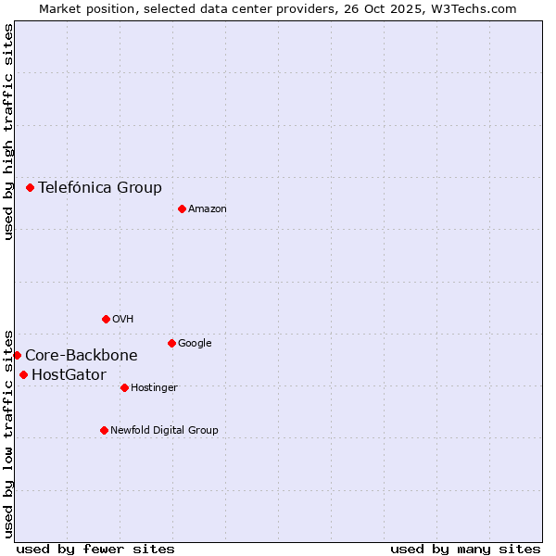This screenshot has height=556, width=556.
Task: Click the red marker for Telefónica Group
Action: (30, 187)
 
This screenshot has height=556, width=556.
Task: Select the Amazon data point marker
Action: (182, 208)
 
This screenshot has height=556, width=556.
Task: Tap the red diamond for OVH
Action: (106, 319)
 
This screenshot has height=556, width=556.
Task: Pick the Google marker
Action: (171, 343)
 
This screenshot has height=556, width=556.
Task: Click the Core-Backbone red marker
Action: (17, 355)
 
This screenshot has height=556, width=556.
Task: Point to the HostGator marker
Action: (23, 374)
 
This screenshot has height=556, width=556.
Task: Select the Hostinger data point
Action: (124, 387)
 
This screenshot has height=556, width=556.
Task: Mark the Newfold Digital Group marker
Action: (104, 430)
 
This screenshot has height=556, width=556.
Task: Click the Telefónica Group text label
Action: (100, 187)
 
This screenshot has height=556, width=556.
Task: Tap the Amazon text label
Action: (208, 209)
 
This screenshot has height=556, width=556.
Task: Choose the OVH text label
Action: (123, 320)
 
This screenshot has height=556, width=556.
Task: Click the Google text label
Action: (195, 344)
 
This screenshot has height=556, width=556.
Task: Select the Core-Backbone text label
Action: (82, 355)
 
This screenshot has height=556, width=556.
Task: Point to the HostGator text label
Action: (69, 374)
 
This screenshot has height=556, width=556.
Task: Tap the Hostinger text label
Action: (154, 388)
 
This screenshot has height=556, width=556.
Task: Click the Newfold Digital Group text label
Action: (164, 431)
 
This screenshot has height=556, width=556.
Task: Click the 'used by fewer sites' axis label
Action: (95, 549)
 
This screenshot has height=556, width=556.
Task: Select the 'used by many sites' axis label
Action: (465, 549)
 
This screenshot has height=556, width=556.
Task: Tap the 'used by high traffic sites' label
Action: (8, 132)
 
